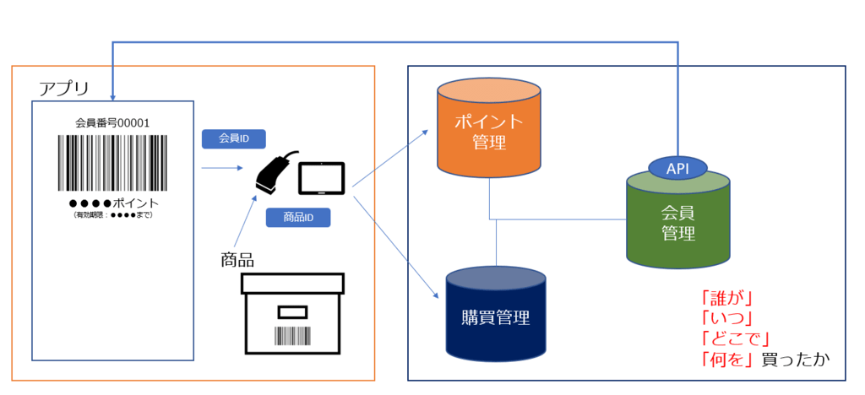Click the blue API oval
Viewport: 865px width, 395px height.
[678, 168]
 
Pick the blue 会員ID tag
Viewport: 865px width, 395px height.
[235, 138]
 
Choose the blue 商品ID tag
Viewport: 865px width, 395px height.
[298, 217]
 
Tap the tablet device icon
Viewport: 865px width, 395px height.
[322, 178]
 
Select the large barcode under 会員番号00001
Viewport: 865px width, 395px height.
[112, 163]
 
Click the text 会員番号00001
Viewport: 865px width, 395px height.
[112, 123]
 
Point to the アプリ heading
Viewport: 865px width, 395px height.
[64, 87]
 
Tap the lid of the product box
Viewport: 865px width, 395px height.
[293, 283]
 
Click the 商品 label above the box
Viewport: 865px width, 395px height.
[237, 258]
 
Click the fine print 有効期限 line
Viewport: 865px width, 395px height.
[112, 215]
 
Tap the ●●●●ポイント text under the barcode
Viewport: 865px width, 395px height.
[114, 203]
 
